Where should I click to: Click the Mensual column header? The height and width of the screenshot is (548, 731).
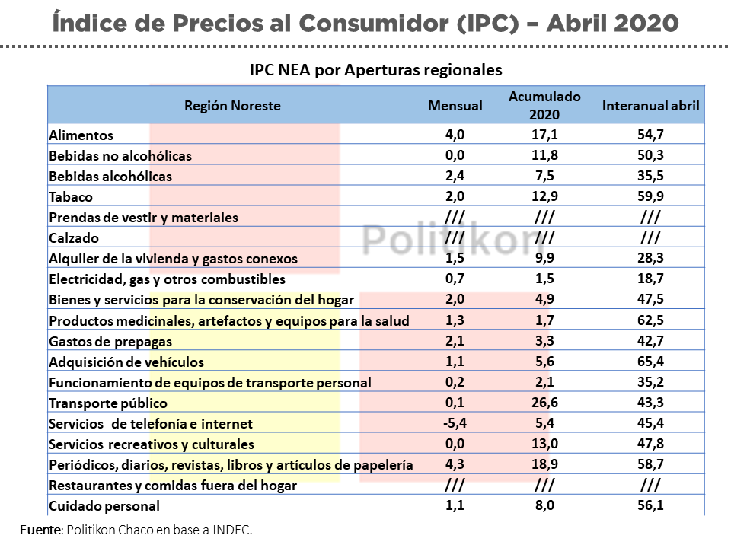455,106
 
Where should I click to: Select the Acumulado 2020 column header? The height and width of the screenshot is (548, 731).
544,106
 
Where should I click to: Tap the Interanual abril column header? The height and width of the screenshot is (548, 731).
650,106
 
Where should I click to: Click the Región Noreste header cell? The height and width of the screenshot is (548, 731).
232,106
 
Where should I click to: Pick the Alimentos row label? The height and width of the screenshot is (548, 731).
81,135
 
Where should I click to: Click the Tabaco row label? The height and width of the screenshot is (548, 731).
71,197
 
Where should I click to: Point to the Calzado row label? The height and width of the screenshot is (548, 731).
73,238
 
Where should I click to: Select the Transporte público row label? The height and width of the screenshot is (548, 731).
107,403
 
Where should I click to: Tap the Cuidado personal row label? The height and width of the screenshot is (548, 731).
104,506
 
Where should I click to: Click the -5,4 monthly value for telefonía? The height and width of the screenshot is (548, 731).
455,423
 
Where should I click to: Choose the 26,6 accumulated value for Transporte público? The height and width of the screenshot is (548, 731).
544,403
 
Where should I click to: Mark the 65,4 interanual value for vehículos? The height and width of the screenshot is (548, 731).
650,362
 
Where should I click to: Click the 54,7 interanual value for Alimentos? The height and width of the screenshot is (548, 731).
650,135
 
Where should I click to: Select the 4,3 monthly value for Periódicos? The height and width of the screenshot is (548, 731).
455,464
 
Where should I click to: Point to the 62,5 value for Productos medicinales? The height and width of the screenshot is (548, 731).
650,320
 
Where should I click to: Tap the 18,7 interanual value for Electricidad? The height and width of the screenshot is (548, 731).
650,279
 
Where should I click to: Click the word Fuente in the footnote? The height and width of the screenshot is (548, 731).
41,530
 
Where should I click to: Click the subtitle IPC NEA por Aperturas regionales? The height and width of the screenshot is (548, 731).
376,69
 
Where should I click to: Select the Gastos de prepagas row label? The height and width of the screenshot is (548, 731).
110,342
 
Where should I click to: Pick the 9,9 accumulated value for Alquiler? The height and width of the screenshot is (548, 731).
544,259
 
